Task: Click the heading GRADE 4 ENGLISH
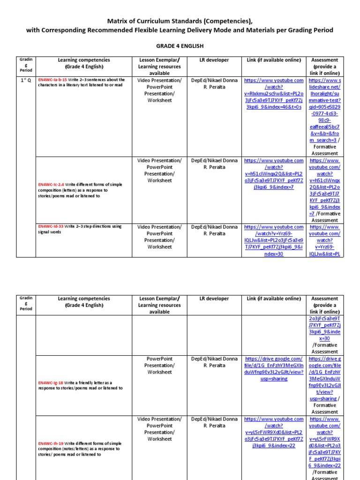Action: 180,45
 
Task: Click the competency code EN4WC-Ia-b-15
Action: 52,80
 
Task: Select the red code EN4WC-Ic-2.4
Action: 53,185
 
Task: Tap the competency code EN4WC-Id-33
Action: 52,226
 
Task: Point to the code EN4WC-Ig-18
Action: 52,382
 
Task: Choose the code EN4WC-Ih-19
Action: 52,443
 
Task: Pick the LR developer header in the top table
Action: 214,60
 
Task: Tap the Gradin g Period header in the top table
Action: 25,66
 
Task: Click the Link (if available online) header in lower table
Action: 274,299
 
